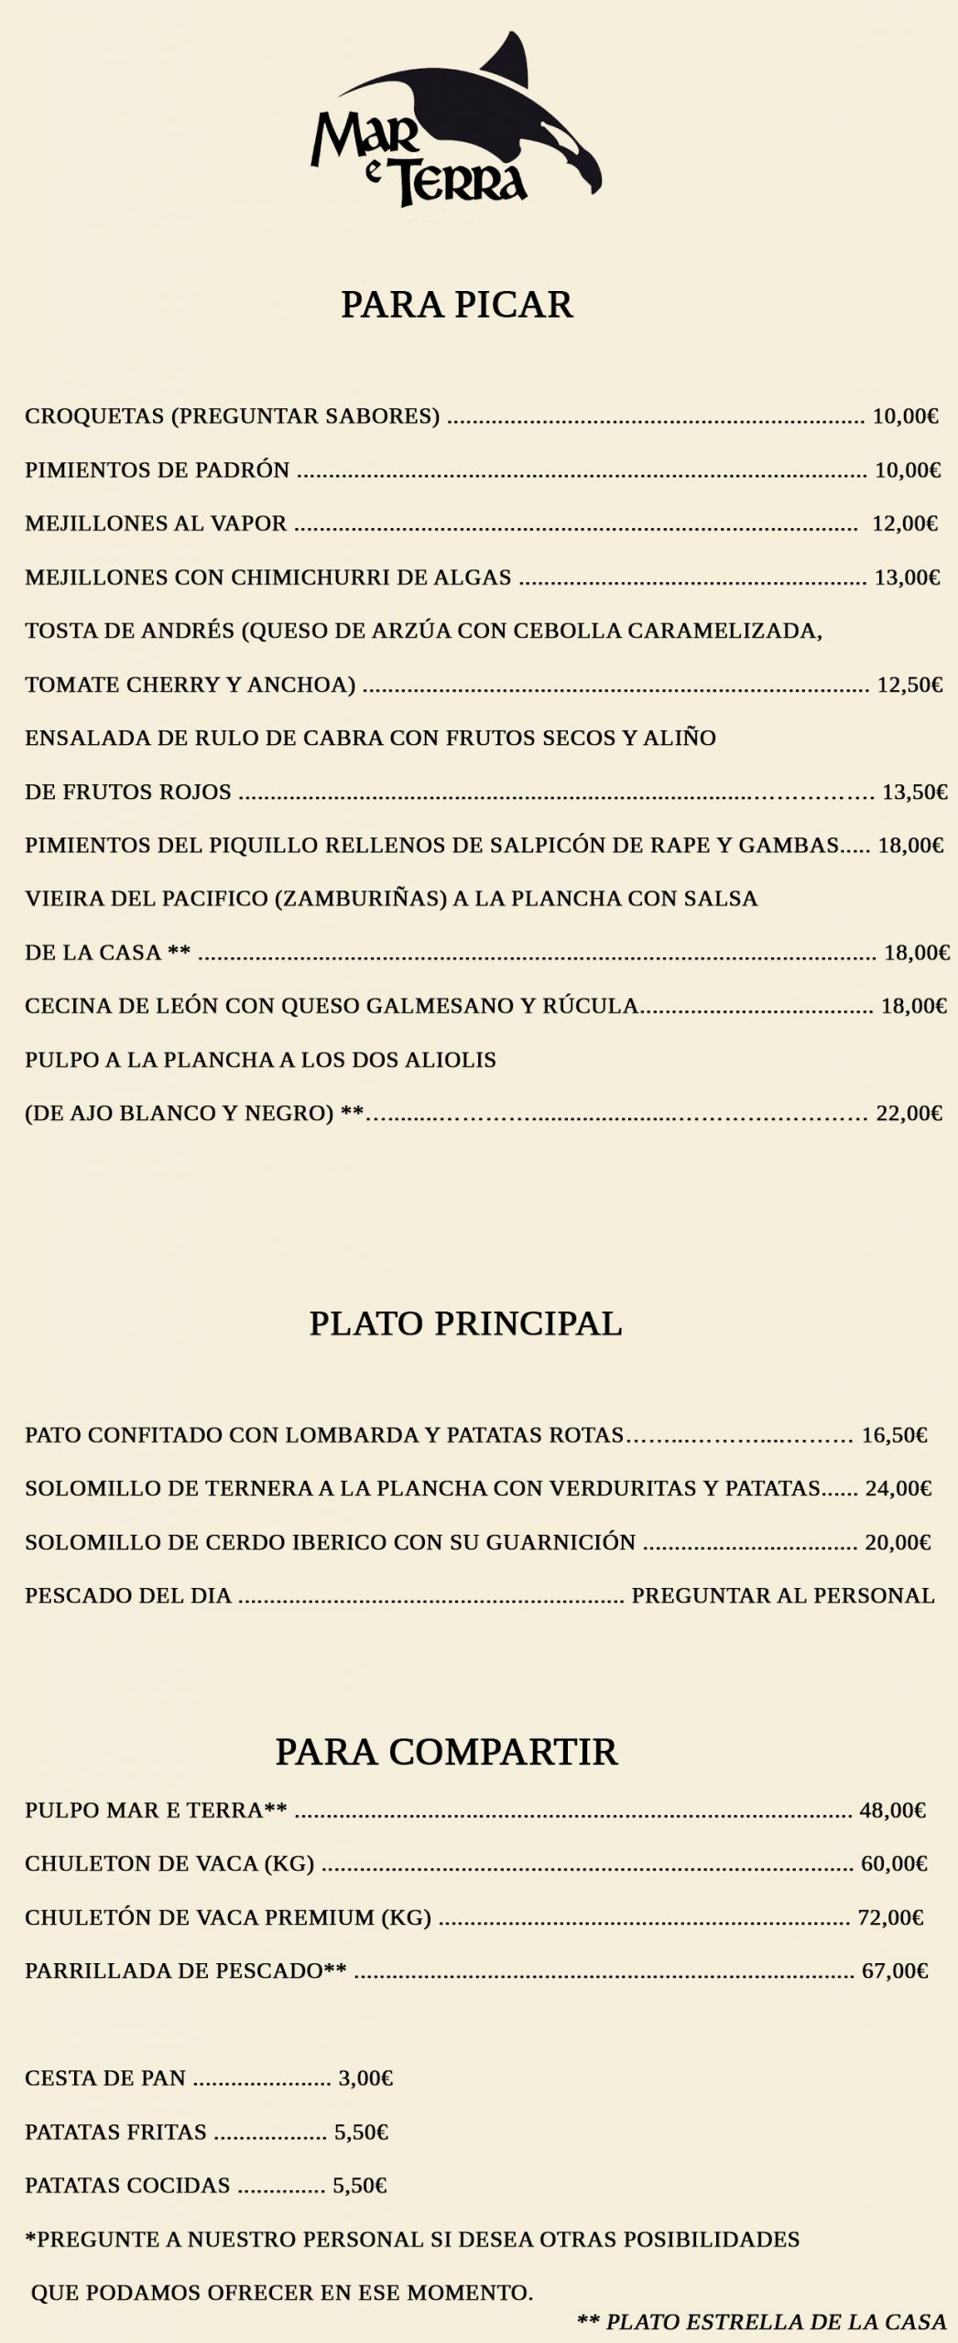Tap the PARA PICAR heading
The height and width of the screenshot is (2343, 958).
456,305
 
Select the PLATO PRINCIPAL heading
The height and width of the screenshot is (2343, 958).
465,1323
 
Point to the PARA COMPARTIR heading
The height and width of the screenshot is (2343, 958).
446,1752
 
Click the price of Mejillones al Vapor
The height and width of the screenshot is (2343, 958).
905,524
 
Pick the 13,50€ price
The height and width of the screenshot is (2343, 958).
914,792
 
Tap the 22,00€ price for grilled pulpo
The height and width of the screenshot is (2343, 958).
909,1113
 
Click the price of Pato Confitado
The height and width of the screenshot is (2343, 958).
894,1434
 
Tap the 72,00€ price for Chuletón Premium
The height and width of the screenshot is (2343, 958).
890,1917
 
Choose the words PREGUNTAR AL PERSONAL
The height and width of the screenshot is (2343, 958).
783,1595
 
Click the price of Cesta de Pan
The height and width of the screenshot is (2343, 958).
365,2078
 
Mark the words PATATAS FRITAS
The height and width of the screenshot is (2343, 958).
115,2132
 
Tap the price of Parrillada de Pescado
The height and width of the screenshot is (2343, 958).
895,1970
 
